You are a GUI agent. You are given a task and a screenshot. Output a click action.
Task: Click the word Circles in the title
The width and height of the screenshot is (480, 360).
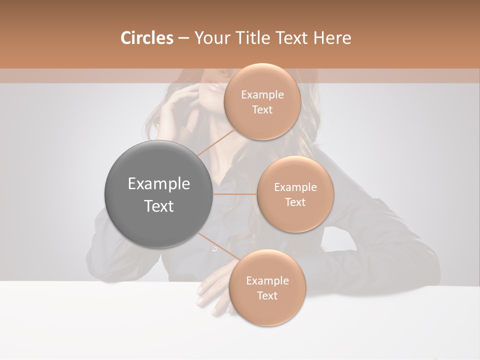point(146,38)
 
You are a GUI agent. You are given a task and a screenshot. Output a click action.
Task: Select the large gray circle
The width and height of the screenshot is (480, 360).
point(158,194)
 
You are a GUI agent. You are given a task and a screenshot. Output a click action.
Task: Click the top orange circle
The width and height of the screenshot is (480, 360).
point(262,102)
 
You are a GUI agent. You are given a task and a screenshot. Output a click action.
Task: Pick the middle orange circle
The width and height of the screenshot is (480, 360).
point(295,194)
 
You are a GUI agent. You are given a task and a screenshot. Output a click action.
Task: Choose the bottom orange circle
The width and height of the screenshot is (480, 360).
point(267,288)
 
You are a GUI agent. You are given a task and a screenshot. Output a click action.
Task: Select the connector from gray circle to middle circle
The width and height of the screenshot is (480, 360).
point(234,194)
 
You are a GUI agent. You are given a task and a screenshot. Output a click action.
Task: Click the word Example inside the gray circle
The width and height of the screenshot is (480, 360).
point(158,184)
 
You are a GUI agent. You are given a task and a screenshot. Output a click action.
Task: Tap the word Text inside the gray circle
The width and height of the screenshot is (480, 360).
point(158,206)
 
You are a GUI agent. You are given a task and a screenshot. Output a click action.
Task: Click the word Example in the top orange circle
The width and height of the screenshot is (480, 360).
point(262,95)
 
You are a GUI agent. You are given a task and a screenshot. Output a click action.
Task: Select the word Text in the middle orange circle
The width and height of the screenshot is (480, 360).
point(295,202)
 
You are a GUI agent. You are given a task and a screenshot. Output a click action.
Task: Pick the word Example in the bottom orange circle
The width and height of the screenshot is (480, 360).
point(267,281)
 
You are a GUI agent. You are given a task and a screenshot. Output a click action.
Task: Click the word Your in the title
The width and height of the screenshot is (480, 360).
point(210,38)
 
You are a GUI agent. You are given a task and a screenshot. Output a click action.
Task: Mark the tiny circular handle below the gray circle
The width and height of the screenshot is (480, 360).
point(214,249)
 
